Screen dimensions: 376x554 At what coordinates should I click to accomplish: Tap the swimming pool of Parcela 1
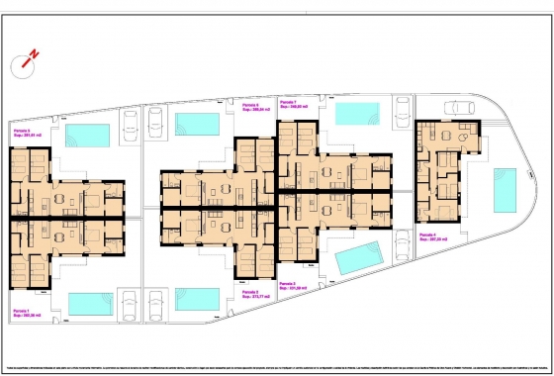click(x=92, y=303)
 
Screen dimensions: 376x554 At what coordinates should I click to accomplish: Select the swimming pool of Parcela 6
click(x=198, y=124)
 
